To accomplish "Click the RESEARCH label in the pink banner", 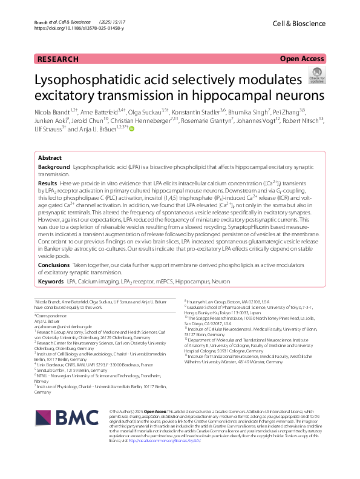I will [57, 59].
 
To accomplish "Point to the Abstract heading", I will [50, 139].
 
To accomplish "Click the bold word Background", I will [54, 149].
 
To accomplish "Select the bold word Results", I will [48, 165].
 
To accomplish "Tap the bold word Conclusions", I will [54, 265].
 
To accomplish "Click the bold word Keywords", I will [51, 282].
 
